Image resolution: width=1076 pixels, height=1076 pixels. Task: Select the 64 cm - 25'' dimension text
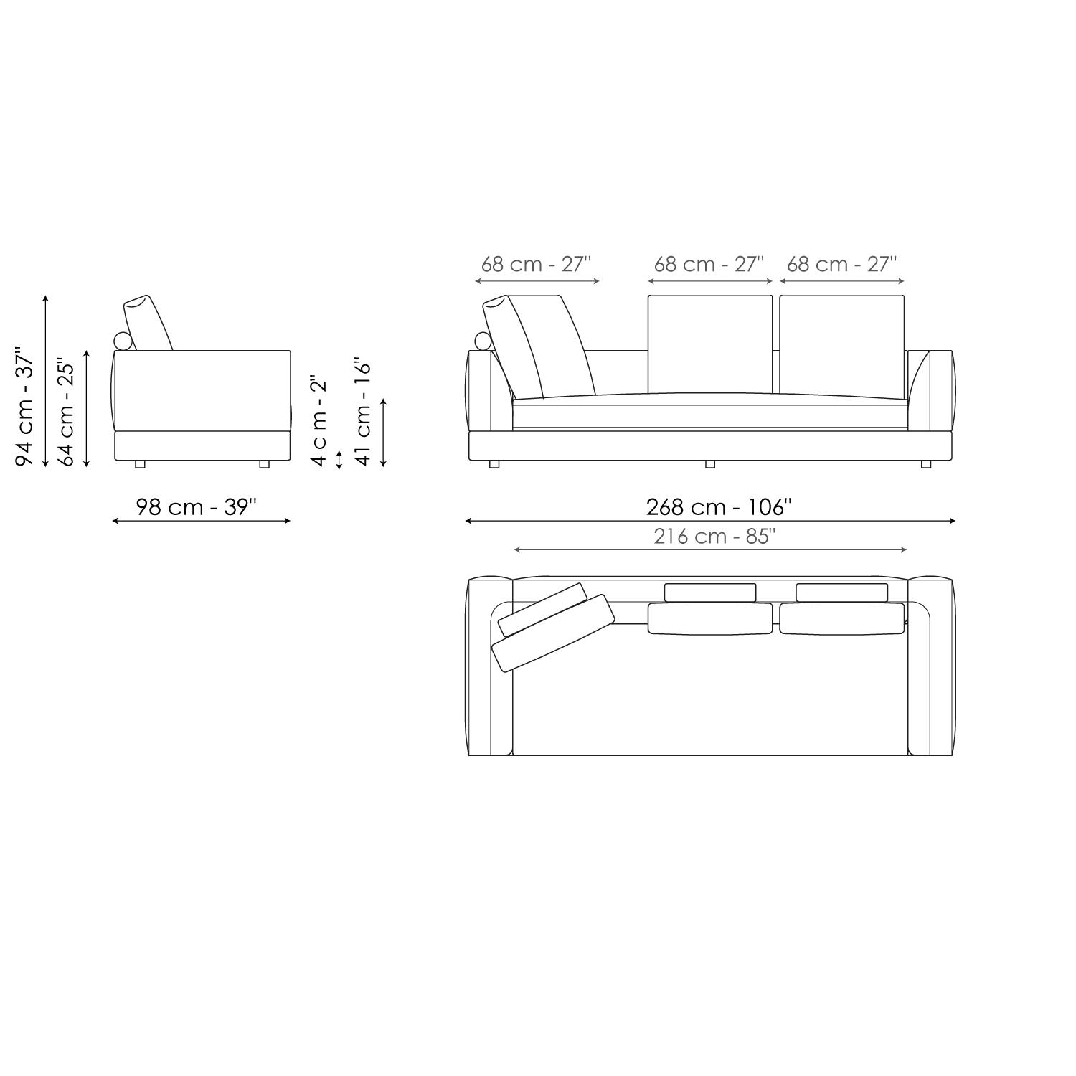(x=66, y=412)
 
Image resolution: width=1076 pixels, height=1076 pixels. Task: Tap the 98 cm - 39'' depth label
(x=197, y=507)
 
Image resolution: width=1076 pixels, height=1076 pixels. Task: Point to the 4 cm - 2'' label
(x=319, y=420)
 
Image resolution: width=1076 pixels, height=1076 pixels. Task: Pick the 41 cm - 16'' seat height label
(x=364, y=412)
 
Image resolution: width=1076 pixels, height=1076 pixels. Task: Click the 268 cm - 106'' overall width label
(x=719, y=507)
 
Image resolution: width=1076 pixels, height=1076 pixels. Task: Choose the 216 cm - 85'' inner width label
(x=714, y=537)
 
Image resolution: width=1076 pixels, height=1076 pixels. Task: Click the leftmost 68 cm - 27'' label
(x=536, y=264)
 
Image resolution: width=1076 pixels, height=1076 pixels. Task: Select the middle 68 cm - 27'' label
(x=709, y=264)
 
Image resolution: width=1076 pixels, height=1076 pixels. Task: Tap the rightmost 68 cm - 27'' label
(x=841, y=264)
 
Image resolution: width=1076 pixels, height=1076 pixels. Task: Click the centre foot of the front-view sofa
(x=710, y=464)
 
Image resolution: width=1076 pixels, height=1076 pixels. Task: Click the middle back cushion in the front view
(x=710, y=344)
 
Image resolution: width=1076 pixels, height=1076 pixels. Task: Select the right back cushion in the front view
(x=842, y=344)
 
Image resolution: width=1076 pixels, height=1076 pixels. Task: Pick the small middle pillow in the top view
(x=710, y=593)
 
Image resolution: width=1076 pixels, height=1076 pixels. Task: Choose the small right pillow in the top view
(x=842, y=593)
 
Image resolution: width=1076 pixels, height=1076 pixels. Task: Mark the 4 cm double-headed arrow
(x=339, y=459)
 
